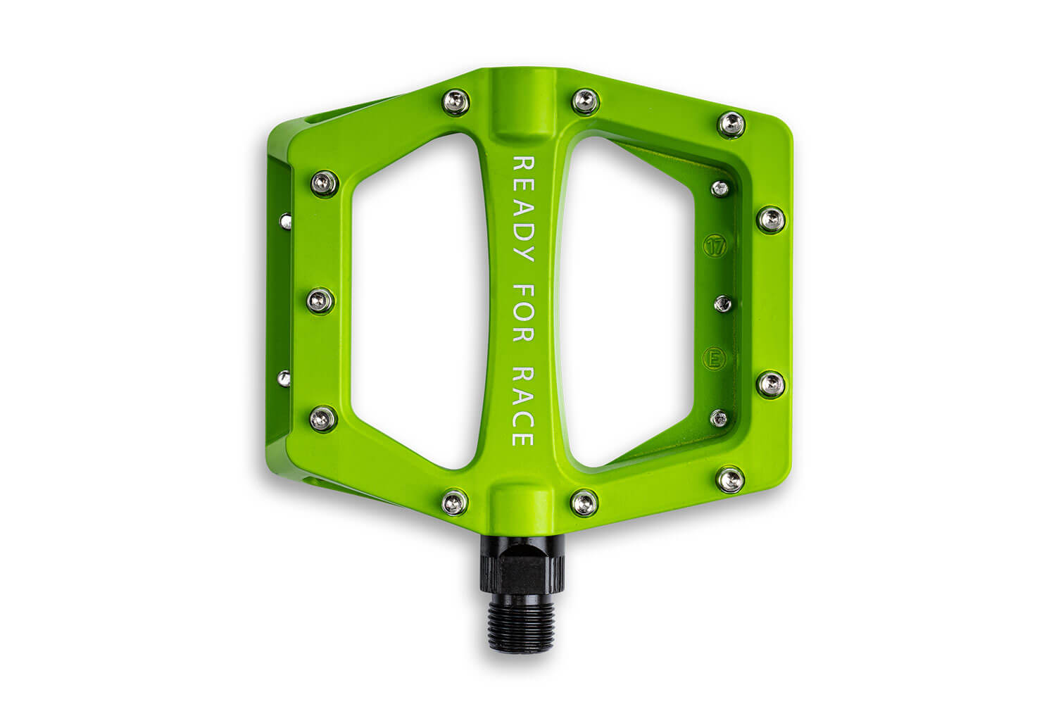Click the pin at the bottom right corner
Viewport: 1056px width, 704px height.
pos(731,479)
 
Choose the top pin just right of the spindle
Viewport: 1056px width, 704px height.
pos(584,102)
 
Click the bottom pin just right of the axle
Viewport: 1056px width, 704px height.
pos(584,501)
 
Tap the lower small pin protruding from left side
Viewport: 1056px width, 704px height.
pos(284,379)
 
